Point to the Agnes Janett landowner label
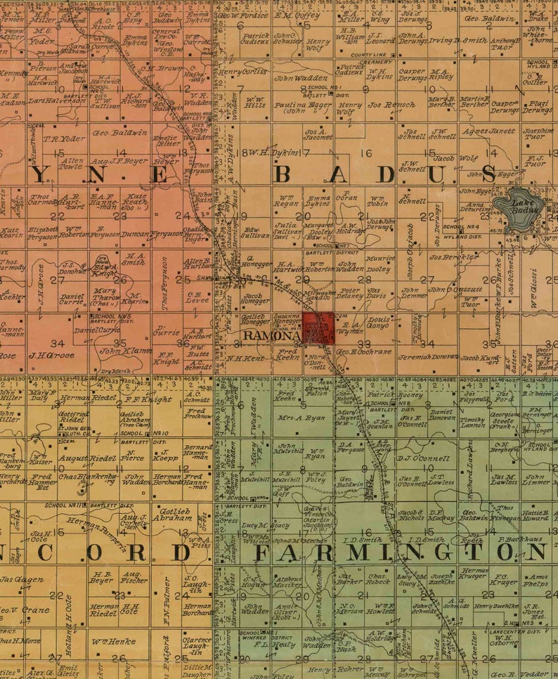click(x=489, y=131)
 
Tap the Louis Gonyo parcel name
click(x=378, y=322)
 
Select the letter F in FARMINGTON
click(x=261, y=552)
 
